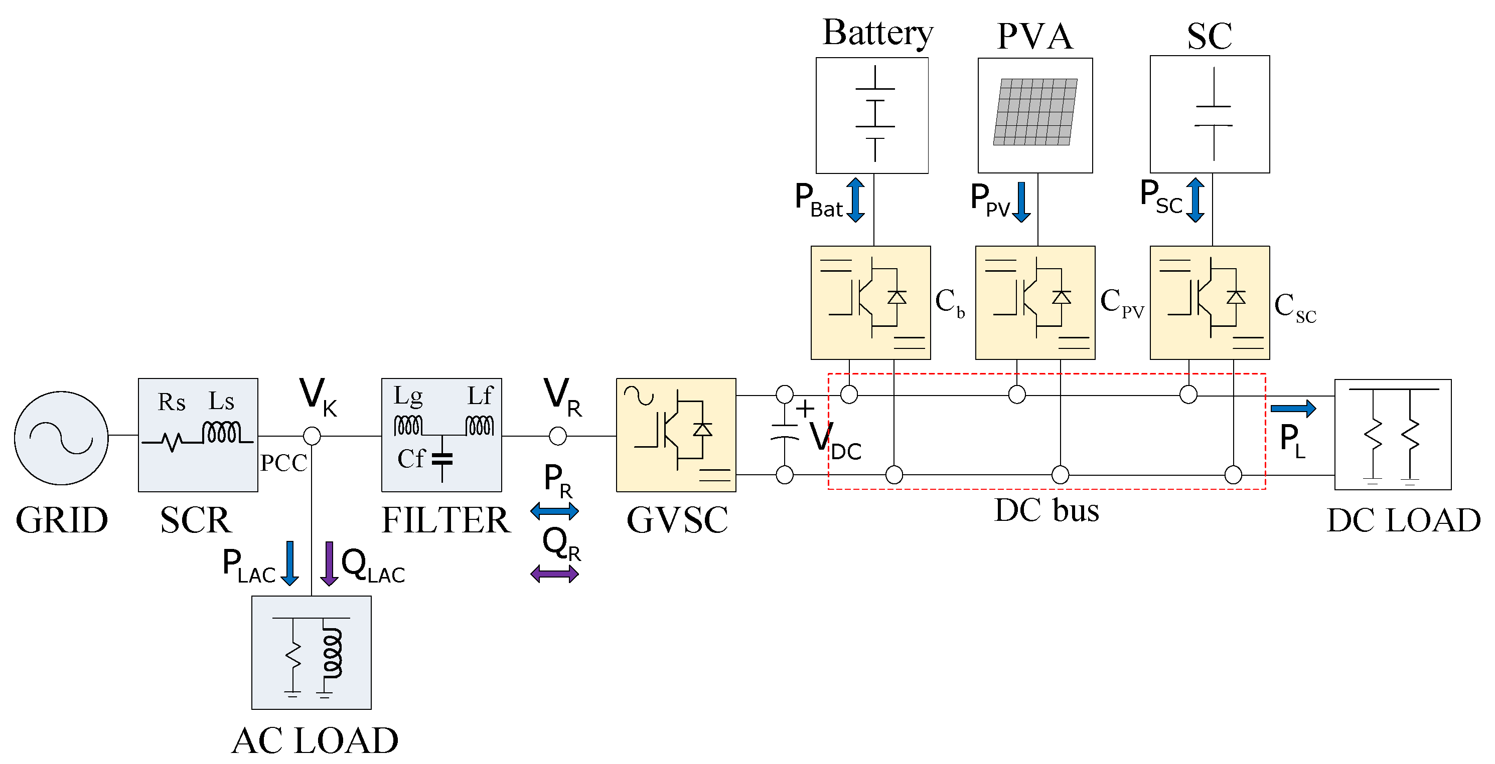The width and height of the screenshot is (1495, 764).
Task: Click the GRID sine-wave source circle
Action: coord(61,438)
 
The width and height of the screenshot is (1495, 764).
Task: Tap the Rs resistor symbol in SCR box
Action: coord(172,442)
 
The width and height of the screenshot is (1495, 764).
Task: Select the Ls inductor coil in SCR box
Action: coord(221,433)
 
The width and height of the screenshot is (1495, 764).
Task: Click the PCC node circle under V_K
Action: coord(312,436)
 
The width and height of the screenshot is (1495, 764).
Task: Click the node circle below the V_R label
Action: coord(557,436)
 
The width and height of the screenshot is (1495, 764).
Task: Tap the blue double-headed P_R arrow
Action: coord(554,510)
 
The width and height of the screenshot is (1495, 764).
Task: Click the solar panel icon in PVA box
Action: coord(1035,112)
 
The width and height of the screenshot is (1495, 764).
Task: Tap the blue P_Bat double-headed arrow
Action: coord(855,200)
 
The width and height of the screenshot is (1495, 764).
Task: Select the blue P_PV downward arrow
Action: coord(1021,202)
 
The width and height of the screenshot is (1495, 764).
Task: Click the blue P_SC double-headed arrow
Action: coord(1194,200)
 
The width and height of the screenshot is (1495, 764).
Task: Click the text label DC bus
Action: coord(1046,510)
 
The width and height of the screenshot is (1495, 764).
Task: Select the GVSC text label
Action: coord(677,520)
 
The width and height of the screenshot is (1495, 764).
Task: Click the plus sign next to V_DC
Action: coord(805,409)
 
